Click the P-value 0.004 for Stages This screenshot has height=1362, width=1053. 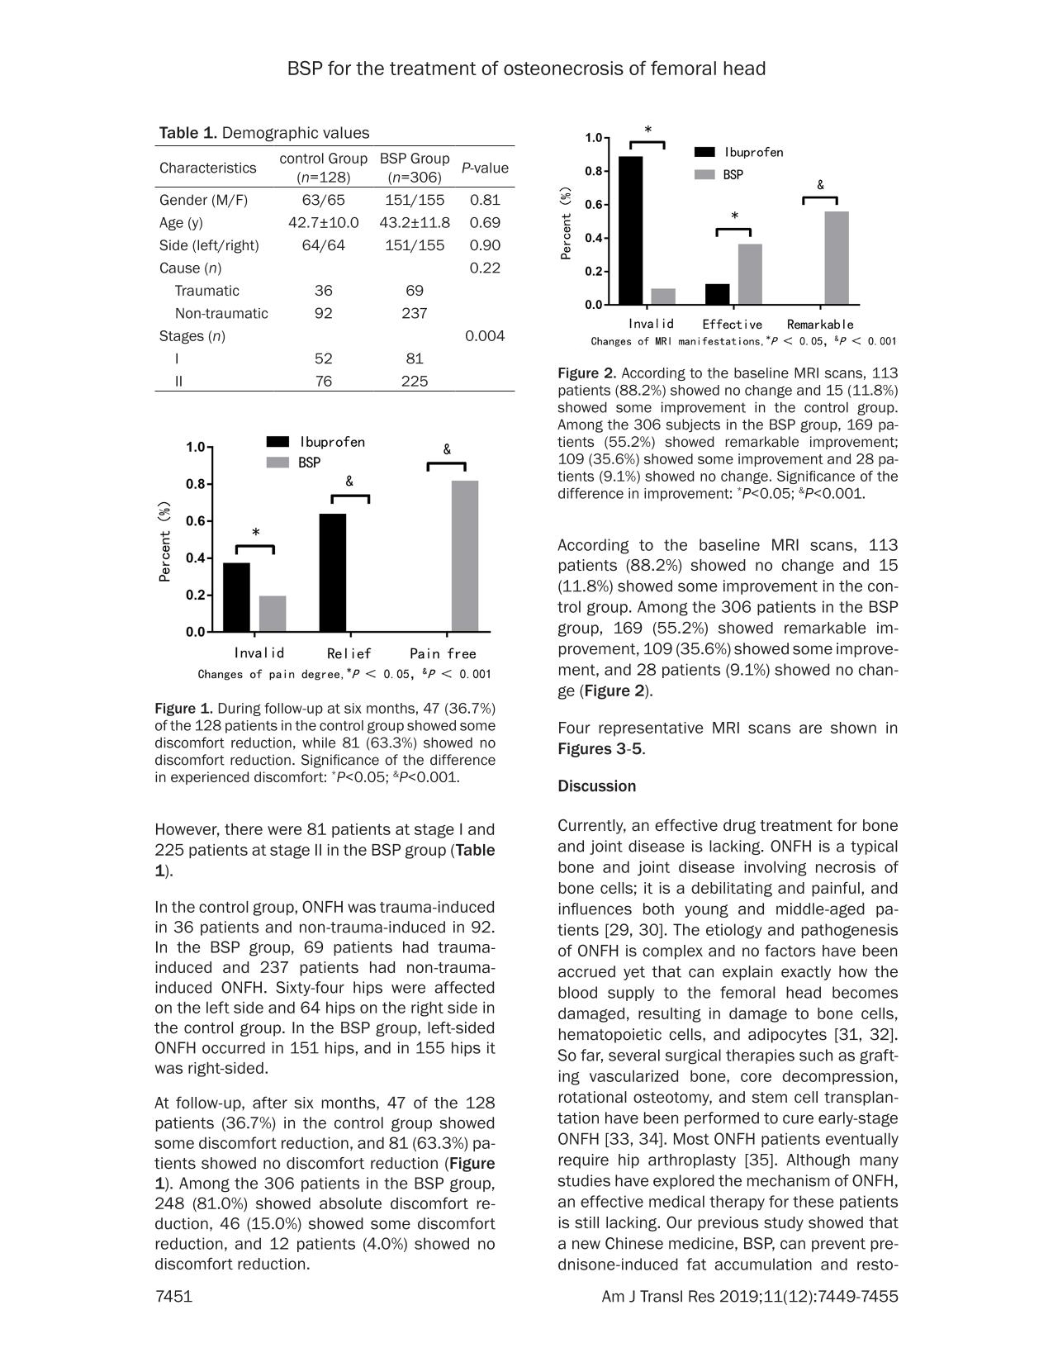pyautogui.click(x=485, y=336)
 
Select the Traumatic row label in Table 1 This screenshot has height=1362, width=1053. pyautogui.click(x=207, y=291)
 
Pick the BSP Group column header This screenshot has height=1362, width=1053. pyautogui.click(x=415, y=167)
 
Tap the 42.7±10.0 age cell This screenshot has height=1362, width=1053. pyautogui.click(x=324, y=222)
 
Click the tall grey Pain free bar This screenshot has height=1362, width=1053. pyautogui.click(x=465, y=556)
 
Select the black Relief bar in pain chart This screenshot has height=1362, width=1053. pyautogui.click(x=333, y=572)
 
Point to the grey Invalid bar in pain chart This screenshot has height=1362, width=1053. pyautogui.click(x=273, y=614)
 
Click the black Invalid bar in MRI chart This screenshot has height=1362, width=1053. pyautogui.click(x=631, y=230)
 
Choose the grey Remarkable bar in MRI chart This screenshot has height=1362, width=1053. pyautogui.click(x=837, y=258)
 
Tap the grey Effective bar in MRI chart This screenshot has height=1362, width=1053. pyautogui.click(x=750, y=274)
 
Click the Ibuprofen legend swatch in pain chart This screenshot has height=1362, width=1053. pyautogui.click(x=277, y=442)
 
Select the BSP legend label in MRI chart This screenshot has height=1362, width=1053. pyautogui.click(x=733, y=175)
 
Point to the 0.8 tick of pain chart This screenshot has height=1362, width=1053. pyautogui.click(x=195, y=484)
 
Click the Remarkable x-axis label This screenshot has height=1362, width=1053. pyautogui.click(x=820, y=325)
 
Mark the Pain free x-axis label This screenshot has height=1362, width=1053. pyautogui.click(x=443, y=653)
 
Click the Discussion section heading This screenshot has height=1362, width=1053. pyautogui.click(x=597, y=786)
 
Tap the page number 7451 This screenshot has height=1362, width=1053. pyautogui.click(x=173, y=1297)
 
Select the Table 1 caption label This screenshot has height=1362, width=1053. pyautogui.click(x=189, y=133)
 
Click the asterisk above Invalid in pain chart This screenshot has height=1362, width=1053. pyautogui.click(x=256, y=533)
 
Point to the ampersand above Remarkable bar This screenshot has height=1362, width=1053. pyautogui.click(x=820, y=186)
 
